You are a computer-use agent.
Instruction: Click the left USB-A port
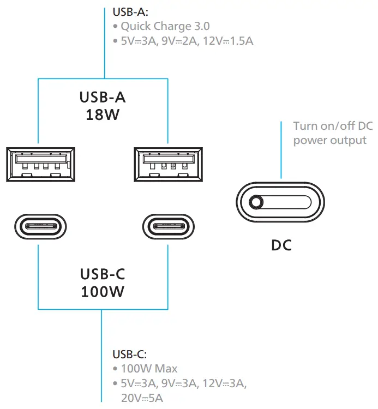(x=41, y=164)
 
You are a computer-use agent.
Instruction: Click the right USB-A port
(x=168, y=164)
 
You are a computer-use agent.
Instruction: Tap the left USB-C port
(x=40, y=226)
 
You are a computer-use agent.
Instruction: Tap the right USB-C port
(x=169, y=226)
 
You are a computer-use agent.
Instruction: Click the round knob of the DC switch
(x=256, y=202)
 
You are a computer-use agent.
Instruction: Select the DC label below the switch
(x=281, y=245)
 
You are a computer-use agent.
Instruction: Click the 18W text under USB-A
(x=103, y=115)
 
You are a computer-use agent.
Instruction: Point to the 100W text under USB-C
(x=103, y=292)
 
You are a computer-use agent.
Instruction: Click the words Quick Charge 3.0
(x=165, y=26)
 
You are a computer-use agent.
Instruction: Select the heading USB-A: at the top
(x=130, y=12)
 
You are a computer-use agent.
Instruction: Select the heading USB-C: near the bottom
(x=130, y=354)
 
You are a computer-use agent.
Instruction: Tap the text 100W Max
(x=149, y=369)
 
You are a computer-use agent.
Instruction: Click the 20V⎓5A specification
(x=142, y=398)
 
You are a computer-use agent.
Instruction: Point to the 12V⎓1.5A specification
(x=228, y=41)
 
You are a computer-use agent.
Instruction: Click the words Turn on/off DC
(x=333, y=126)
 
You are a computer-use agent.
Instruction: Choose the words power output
(x=330, y=140)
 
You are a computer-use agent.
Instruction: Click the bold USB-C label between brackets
(x=103, y=274)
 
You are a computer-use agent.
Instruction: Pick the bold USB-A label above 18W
(x=103, y=97)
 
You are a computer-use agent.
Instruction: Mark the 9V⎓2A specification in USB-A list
(x=179, y=41)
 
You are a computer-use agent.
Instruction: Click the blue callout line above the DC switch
(x=281, y=150)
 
